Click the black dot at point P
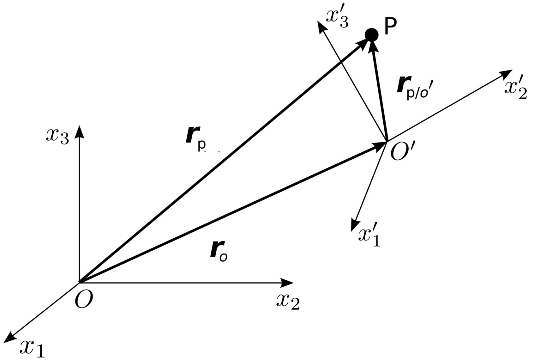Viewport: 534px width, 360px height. click(371, 34)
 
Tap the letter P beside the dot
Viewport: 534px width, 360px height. click(391, 27)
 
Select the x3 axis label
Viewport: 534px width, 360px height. click(57, 137)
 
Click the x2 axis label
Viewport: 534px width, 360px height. click(288, 301)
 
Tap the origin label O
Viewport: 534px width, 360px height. click(84, 299)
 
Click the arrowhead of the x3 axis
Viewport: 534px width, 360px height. click(79, 131)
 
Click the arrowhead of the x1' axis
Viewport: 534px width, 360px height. click(355, 225)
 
